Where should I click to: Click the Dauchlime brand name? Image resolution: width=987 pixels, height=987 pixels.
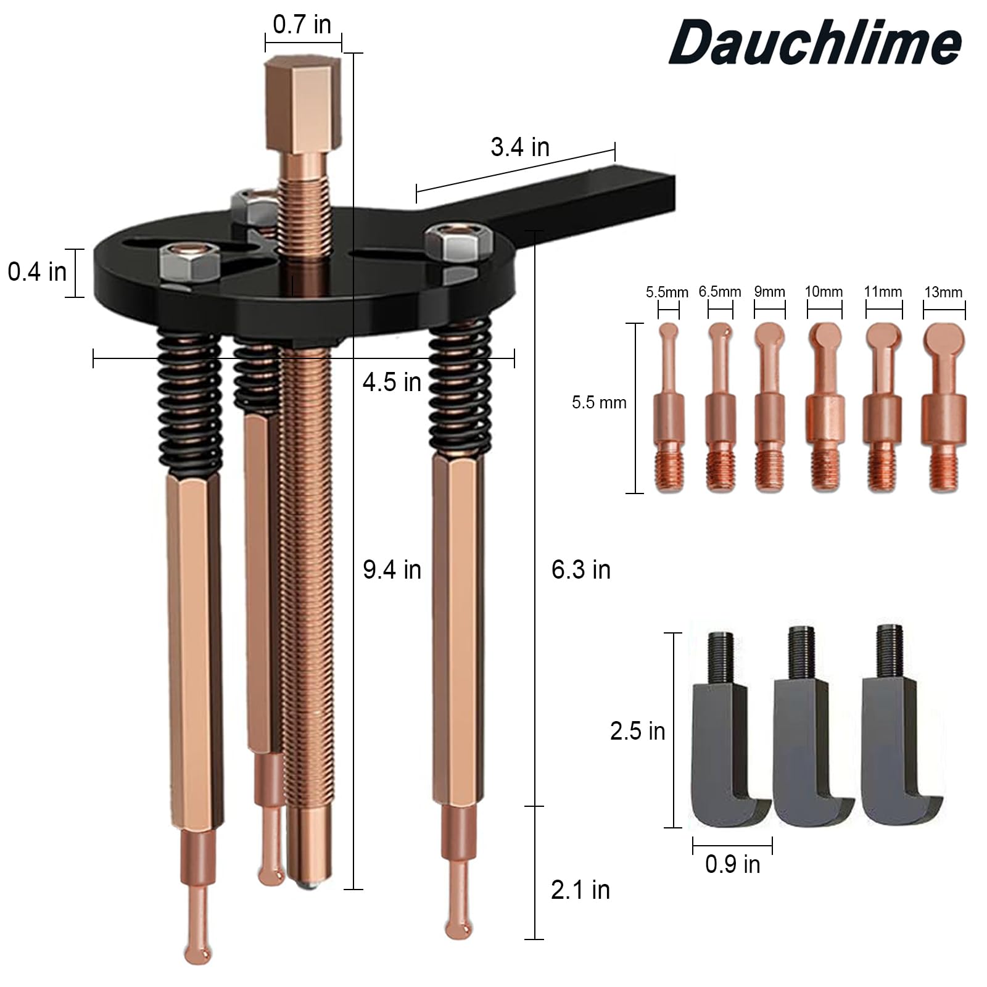pyautogui.click(x=816, y=42)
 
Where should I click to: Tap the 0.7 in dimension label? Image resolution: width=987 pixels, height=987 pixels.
pyautogui.click(x=302, y=25)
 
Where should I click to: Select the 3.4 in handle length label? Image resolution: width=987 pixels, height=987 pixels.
pyautogui.click(x=520, y=147)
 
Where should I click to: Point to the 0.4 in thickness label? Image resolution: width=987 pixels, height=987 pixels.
pyautogui.click(x=37, y=271)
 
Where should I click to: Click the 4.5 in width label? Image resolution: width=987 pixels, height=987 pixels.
pyautogui.click(x=392, y=382)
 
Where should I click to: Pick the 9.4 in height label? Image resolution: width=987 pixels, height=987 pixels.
pyautogui.click(x=392, y=569)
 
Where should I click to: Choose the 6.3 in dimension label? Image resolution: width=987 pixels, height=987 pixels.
pyautogui.click(x=580, y=569)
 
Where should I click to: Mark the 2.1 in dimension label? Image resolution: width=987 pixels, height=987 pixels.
pyautogui.click(x=580, y=890)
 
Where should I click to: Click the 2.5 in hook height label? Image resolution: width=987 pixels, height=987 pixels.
pyautogui.click(x=637, y=731)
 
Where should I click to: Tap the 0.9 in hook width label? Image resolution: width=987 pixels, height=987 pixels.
pyautogui.click(x=732, y=864)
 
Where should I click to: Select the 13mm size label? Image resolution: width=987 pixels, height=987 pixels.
pyautogui.click(x=943, y=292)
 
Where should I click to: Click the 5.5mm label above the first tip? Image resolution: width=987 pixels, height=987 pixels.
pyautogui.click(x=667, y=292)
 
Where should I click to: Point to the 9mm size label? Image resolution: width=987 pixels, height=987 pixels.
pyautogui.click(x=769, y=292)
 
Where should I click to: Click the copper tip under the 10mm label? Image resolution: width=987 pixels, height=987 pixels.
pyautogui.click(x=824, y=407)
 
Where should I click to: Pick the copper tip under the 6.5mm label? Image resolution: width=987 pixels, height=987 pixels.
pyautogui.click(x=720, y=407)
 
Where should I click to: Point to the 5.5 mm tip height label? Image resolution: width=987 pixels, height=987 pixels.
pyautogui.click(x=598, y=403)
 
